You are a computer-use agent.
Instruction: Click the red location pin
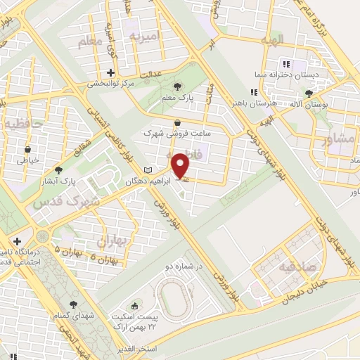[x=181, y=165]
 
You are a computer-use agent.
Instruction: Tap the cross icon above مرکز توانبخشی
[x=110, y=72]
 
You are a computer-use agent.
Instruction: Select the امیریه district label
[x=150, y=35]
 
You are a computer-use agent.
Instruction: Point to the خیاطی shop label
[x=27, y=160]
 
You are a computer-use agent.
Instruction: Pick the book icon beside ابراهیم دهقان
[x=147, y=170]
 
